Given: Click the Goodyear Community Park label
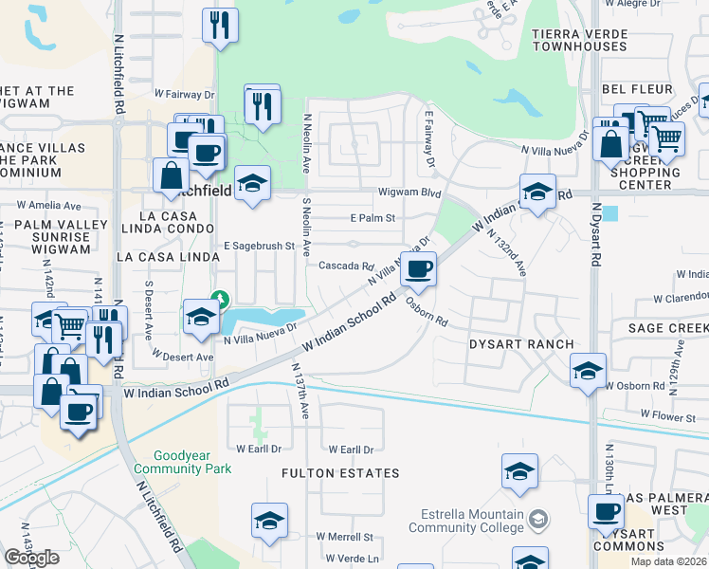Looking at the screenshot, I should click(182, 462).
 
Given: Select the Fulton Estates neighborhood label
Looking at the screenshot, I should click(340, 472).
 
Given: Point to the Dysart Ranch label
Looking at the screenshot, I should click(521, 344).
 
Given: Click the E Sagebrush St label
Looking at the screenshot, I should click(259, 246).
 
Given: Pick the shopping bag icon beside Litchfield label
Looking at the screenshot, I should click(173, 174).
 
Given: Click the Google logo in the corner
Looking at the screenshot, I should click(31, 558).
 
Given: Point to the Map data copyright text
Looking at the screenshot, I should click(668, 561).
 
